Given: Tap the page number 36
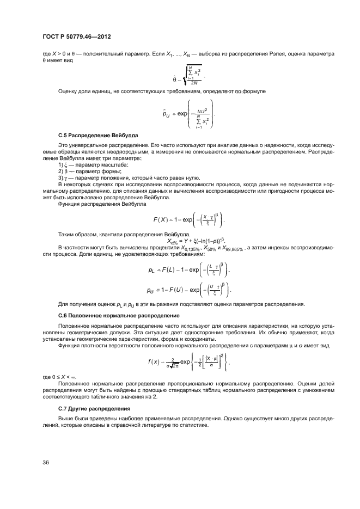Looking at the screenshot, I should tap(46, 462).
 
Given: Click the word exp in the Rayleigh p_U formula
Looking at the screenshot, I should tap(184, 114).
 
